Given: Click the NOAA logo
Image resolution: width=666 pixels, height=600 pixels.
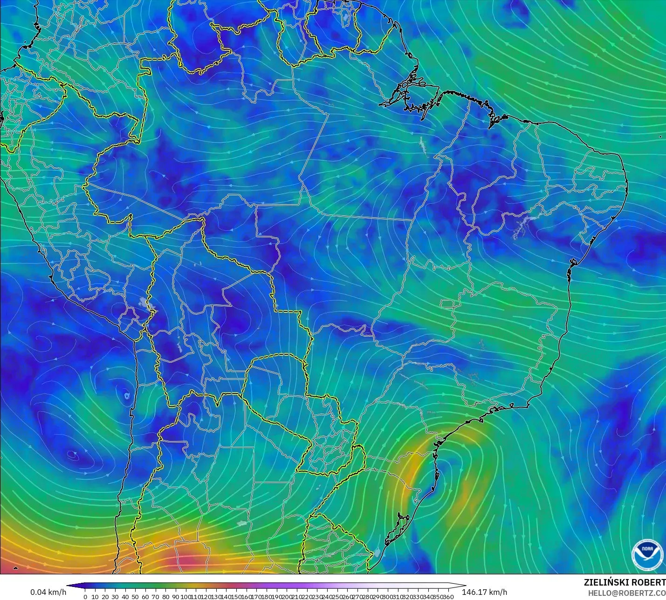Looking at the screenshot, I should click(647, 553).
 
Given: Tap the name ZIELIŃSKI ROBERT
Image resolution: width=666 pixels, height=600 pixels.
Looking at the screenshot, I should click(625, 583).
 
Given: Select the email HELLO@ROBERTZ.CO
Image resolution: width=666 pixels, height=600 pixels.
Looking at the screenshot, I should click(626, 593).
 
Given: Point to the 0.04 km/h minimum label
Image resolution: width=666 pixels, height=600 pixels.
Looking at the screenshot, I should click(48, 592).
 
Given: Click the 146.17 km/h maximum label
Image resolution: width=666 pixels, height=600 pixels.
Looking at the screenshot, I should click(485, 592).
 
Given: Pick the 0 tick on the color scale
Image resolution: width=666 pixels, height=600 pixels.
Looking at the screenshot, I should click(85, 597).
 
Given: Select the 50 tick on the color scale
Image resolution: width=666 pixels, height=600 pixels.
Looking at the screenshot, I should click(135, 597).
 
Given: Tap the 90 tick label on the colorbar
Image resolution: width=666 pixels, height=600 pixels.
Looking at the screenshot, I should click(176, 597).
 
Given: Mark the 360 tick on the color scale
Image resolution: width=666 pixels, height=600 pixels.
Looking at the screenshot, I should click(448, 597).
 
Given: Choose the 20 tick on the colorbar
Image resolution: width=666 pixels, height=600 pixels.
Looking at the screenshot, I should click(105, 597).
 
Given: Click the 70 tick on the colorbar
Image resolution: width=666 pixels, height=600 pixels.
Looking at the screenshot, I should click(156, 597).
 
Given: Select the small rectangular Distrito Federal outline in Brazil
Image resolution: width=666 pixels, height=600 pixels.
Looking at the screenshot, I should click(448, 304).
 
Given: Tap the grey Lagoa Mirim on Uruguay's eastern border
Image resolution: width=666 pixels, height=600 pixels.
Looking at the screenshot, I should click(377, 553).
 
